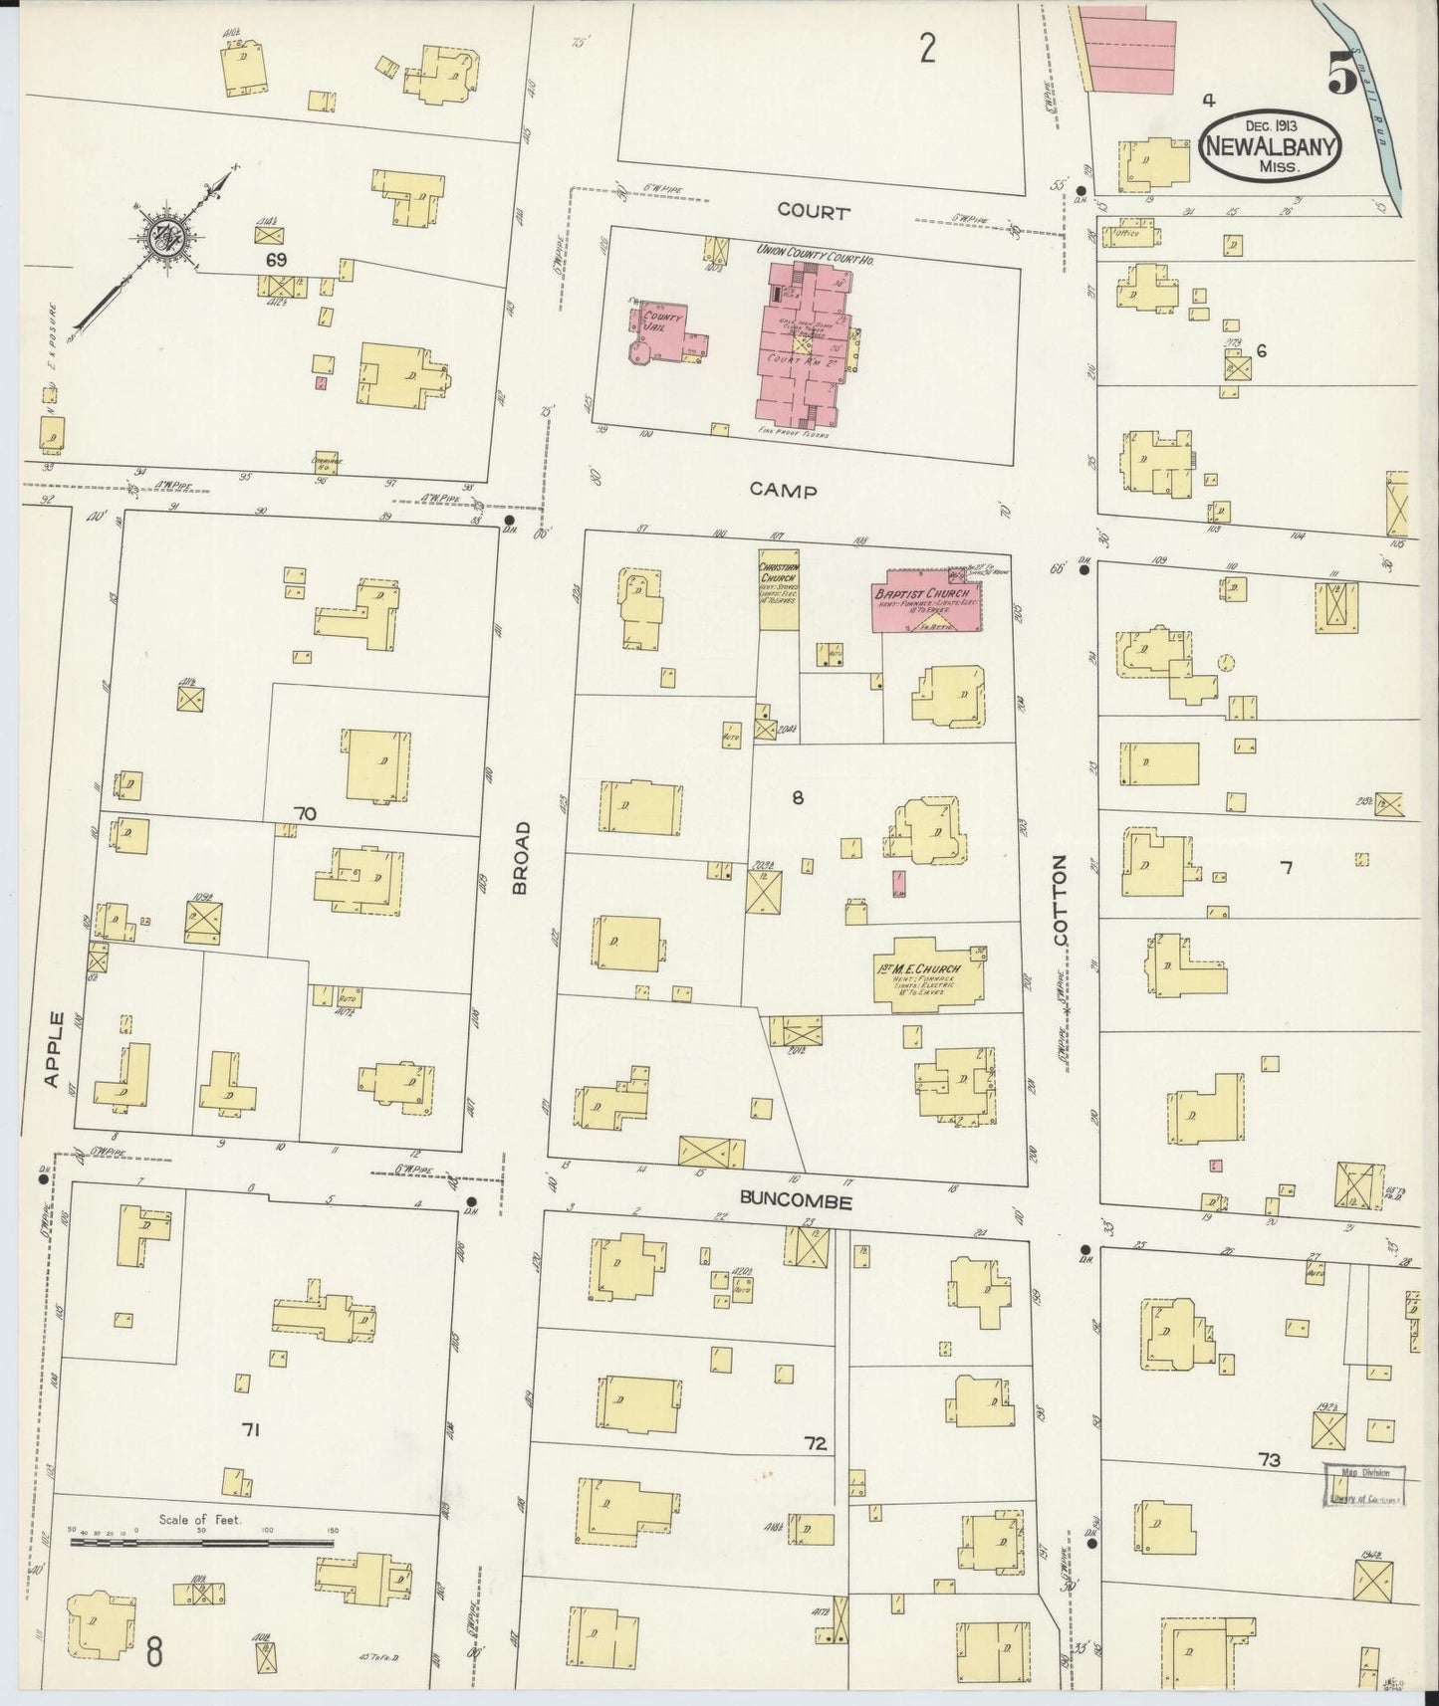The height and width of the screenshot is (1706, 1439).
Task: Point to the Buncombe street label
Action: click(796, 1201)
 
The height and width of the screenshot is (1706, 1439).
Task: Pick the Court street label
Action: click(814, 212)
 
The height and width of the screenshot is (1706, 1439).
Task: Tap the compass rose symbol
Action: click(159, 238)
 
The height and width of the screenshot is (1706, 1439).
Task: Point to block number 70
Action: click(305, 814)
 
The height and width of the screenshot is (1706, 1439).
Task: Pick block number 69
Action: click(276, 259)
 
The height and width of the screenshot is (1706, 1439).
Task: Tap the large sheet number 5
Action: click(1341, 73)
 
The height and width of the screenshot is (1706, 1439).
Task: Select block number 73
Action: click(1268, 1461)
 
